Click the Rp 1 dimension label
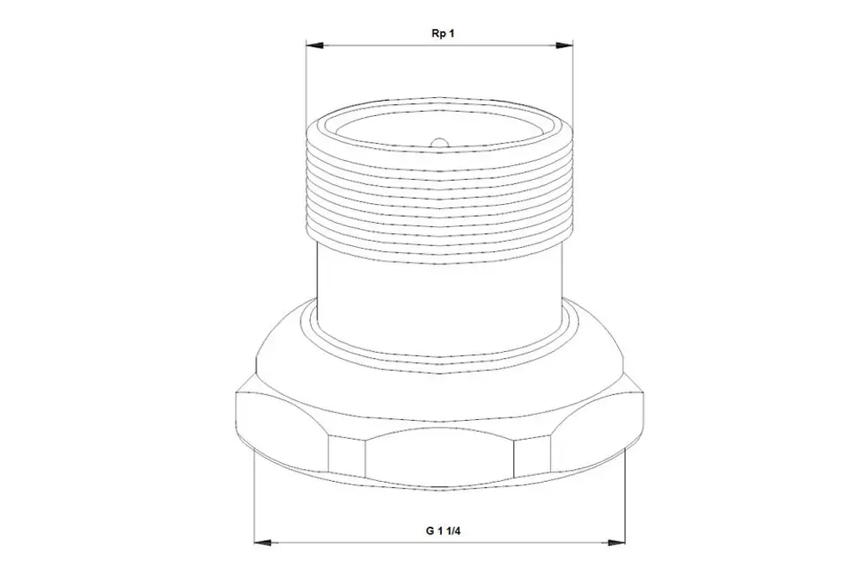(443, 34)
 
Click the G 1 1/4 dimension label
(442, 531)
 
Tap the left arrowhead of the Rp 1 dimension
(314, 46)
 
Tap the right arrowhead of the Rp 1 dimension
(564, 46)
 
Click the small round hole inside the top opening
(439, 143)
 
